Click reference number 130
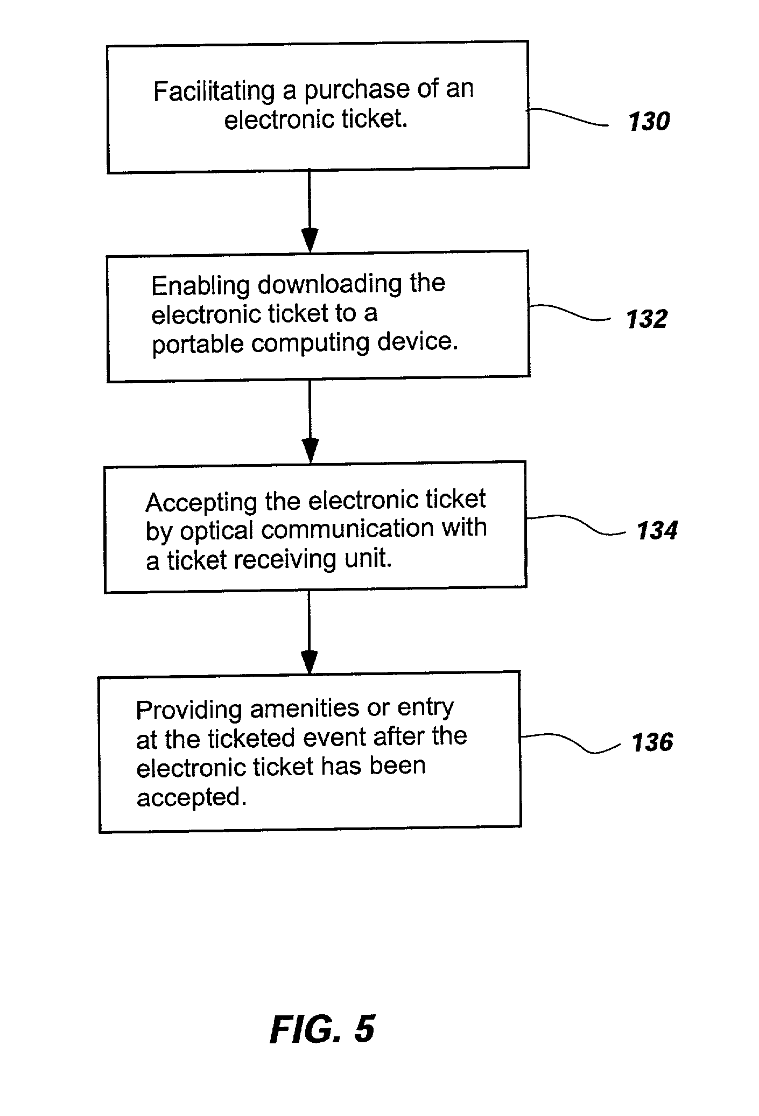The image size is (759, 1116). [649, 121]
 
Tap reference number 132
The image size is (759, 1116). [647, 319]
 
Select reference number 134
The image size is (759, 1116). [657, 530]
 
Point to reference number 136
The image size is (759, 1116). [652, 742]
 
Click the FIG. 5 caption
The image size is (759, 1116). [322, 1029]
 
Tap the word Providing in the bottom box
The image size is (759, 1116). [189, 711]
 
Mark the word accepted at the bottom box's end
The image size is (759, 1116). [191, 797]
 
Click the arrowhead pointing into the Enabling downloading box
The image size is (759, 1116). [310, 240]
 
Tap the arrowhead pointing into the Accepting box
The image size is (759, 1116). [311, 451]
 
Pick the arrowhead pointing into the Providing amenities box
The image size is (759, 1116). [309, 662]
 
